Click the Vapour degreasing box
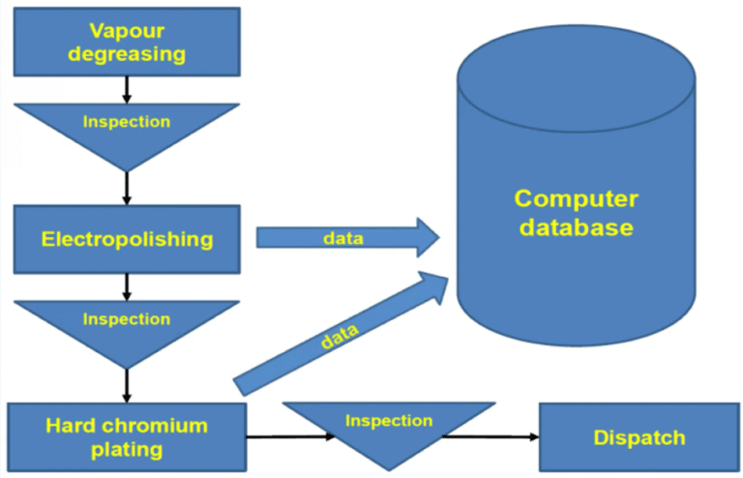126,42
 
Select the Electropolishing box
126,238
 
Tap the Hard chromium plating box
126,436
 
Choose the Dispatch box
639,437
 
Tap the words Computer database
576,213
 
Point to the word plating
126,449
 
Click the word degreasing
126,54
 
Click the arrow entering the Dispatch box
489,437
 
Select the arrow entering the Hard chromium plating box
126,386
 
